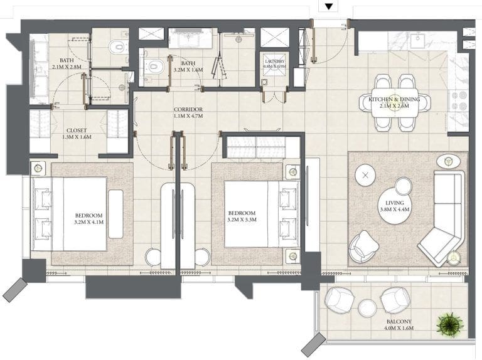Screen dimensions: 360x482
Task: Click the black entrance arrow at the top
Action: pyautogui.click(x=329, y=7)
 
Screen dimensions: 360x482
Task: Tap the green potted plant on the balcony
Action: pyautogui.click(x=450, y=324)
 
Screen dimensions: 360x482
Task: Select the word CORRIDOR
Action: pyautogui.click(x=188, y=109)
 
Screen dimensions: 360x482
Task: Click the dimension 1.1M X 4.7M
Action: pyautogui.click(x=188, y=117)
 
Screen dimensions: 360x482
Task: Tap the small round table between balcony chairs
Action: pyautogui.click(x=367, y=307)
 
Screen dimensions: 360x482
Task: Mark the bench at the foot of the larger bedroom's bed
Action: pyautogui.click(x=115, y=213)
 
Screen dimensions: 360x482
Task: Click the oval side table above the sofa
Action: pyautogui.click(x=447, y=160)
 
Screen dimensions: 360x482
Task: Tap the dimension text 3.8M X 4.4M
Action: pyautogui.click(x=394, y=210)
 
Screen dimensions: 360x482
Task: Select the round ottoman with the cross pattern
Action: pyautogui.click(x=365, y=175)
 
